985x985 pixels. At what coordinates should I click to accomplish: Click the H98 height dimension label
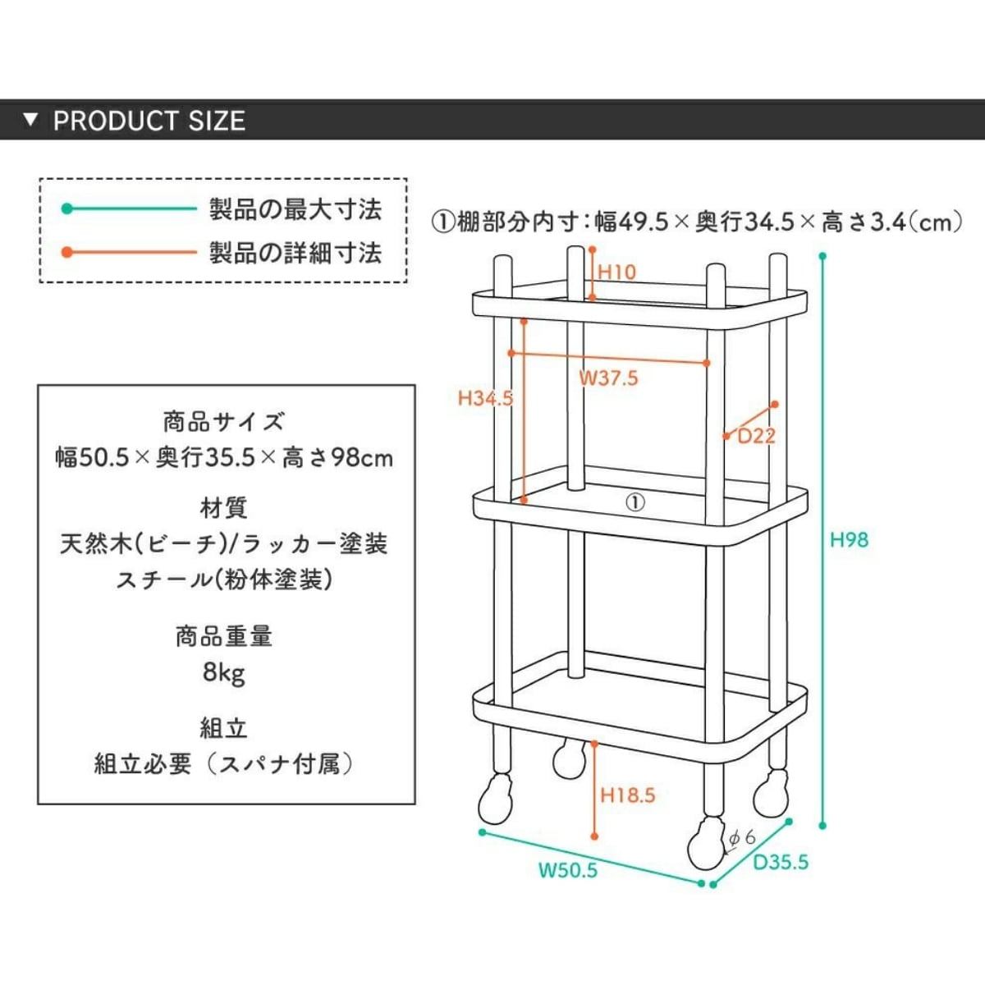coord(849,539)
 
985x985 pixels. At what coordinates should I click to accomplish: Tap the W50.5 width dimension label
coord(568,870)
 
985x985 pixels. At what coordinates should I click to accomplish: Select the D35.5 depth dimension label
coord(781,862)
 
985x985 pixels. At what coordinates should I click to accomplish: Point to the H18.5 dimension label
coord(628,795)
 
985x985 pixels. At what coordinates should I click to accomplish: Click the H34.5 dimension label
coord(485,399)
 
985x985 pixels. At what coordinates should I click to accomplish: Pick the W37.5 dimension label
coord(608,378)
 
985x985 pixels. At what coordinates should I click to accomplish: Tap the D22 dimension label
coord(756,436)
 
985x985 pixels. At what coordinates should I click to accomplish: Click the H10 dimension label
coord(616,272)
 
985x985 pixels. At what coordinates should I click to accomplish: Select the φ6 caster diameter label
coord(742,838)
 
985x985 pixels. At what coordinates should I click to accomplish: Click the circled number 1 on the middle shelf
coord(635,502)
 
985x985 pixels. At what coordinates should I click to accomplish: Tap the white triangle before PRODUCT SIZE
coord(31,120)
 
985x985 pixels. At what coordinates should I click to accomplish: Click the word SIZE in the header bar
coord(217,121)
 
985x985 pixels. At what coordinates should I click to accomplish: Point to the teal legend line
coord(131,208)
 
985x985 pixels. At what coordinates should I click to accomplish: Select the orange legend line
coord(131,252)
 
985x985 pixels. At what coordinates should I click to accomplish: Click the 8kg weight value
coord(224,673)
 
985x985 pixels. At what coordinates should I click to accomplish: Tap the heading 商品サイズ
coord(224,422)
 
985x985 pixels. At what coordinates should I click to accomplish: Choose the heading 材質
coord(224,508)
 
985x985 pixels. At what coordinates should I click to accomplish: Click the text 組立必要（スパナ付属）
coord(224,764)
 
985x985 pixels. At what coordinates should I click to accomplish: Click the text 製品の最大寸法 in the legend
coord(295,209)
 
